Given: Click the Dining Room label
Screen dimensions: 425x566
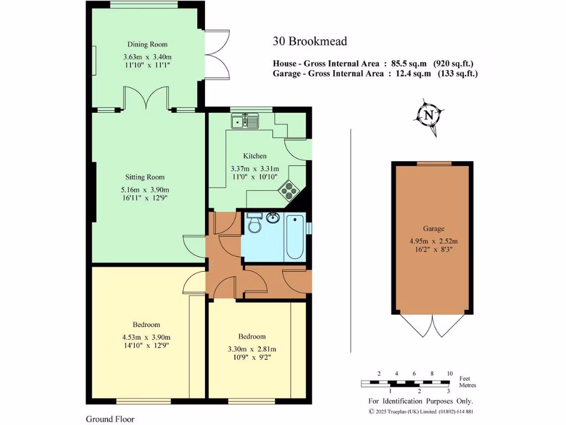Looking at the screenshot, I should tap(148, 44).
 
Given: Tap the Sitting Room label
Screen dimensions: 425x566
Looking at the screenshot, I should tap(145, 177).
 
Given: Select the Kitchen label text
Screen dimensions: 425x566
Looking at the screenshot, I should tap(255, 156).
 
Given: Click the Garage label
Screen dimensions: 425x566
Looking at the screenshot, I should tap(434, 228).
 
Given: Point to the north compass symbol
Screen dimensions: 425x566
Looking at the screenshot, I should tap(428, 116).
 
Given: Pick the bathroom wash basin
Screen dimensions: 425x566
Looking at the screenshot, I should tap(273, 217).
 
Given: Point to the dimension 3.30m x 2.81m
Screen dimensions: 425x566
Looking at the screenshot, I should tap(252, 349).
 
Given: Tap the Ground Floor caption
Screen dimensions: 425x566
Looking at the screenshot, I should tap(110, 419).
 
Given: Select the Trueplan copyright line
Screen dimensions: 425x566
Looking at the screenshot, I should tap(421, 411).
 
